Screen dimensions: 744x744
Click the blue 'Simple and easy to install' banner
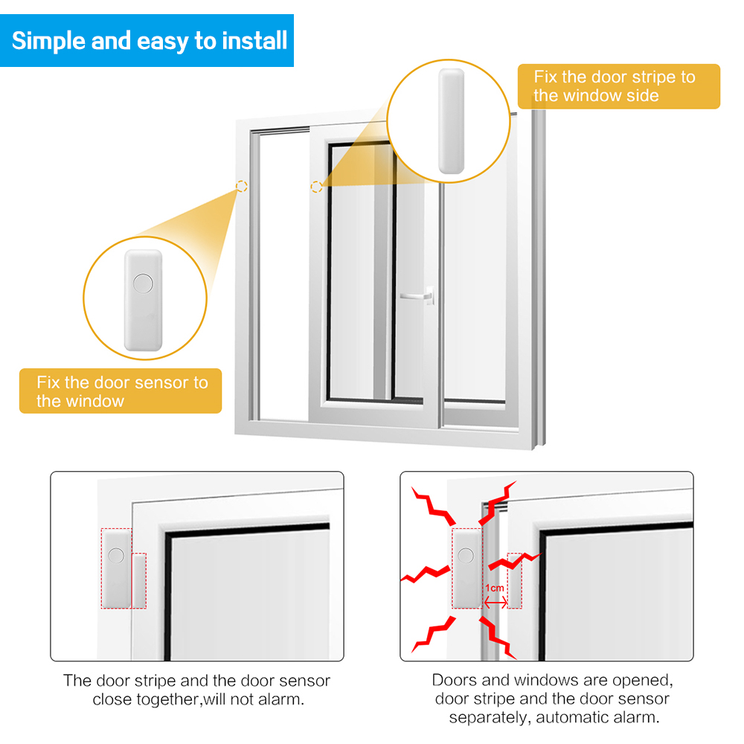(x=149, y=40)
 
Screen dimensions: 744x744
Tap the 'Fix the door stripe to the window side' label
(x=618, y=86)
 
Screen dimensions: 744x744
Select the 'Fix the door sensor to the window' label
(x=121, y=391)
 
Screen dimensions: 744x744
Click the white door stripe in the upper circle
(x=451, y=121)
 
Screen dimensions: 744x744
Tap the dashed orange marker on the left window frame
(x=242, y=187)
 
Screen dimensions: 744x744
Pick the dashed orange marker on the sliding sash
(x=317, y=187)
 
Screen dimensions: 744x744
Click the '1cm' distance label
(x=495, y=588)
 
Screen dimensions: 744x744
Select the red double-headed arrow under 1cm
(x=496, y=602)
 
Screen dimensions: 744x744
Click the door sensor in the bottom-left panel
(x=116, y=568)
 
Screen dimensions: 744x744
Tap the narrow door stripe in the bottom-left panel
(x=139, y=580)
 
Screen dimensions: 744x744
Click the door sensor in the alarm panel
(x=467, y=568)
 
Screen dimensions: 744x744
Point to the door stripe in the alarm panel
(x=514, y=580)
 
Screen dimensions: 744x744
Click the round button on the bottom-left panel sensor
(x=116, y=555)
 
